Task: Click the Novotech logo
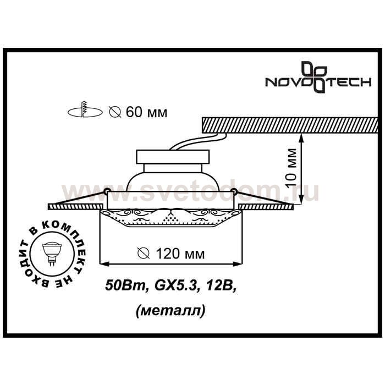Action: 318,79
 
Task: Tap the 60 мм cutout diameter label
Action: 138,112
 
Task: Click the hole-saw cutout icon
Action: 85,110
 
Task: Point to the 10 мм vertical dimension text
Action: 291,168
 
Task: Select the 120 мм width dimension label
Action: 171,254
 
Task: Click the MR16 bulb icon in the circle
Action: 52,253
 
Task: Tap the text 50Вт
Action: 125,286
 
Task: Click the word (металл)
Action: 170,311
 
